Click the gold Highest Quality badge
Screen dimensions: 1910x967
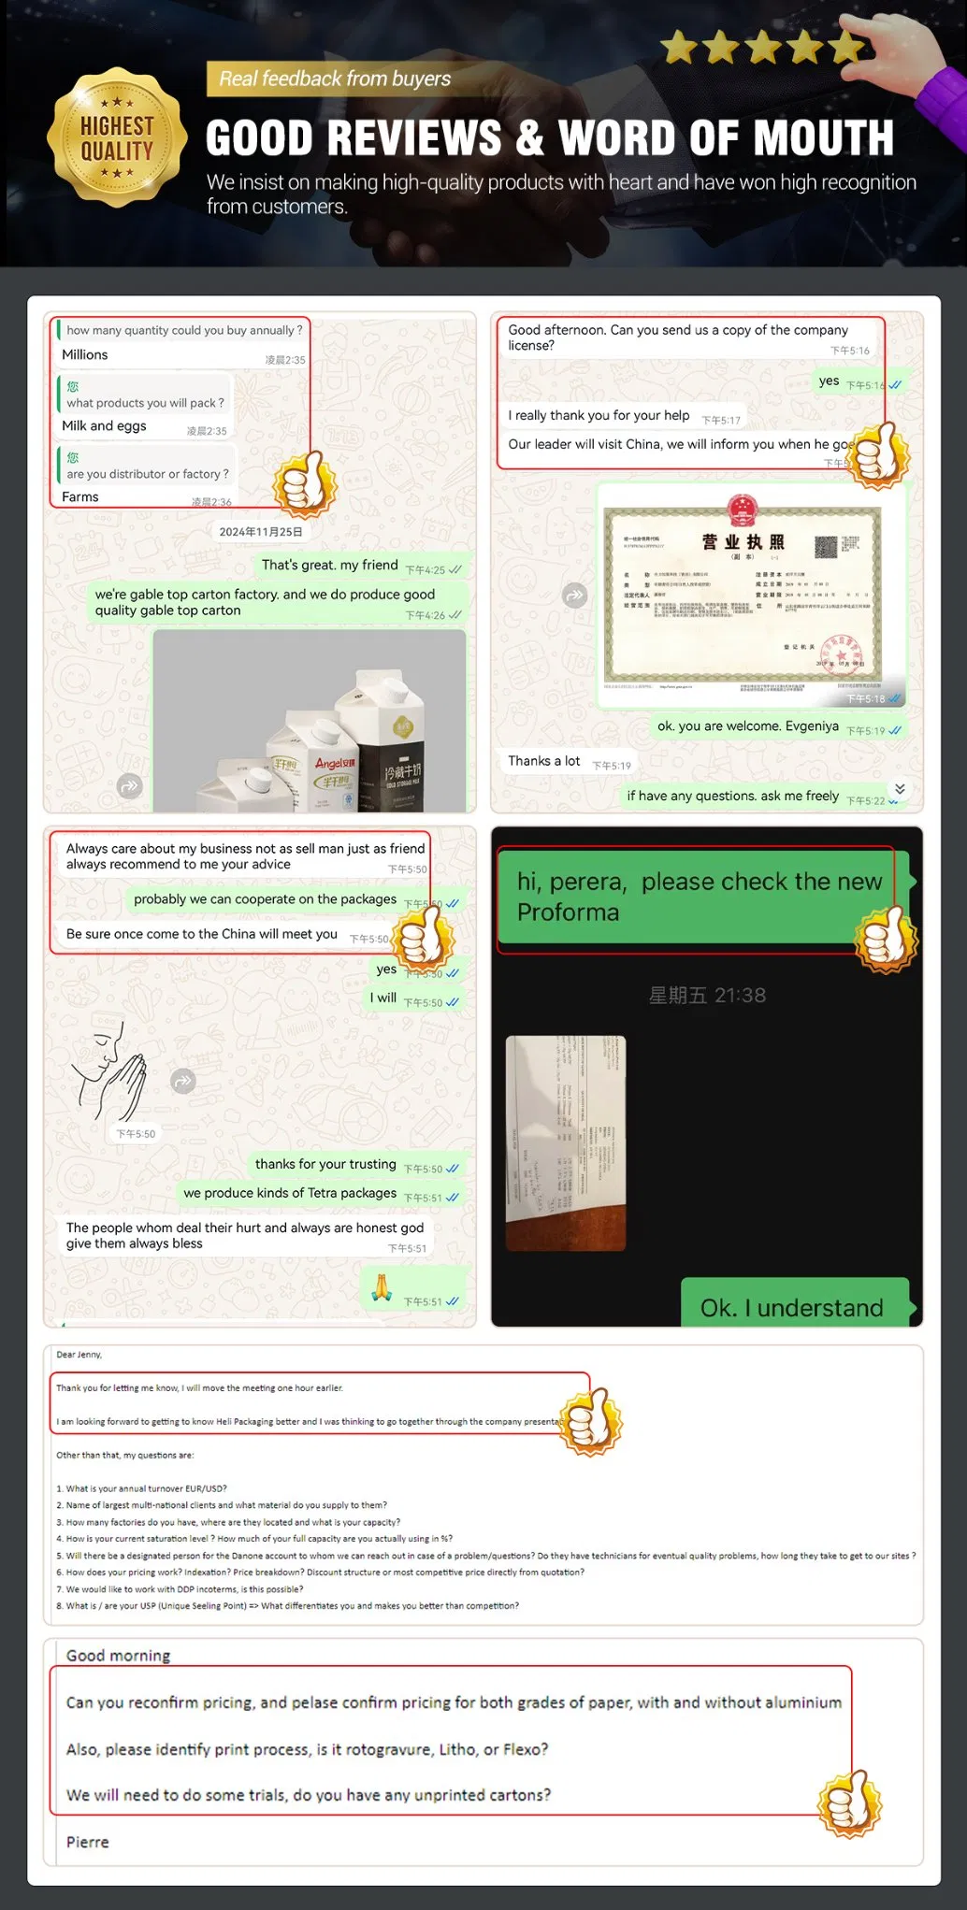pyautogui.click(x=117, y=136)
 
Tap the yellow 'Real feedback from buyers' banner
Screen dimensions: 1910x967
pyautogui.click(x=334, y=79)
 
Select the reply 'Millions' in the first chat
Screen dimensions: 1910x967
pyautogui.click(x=85, y=355)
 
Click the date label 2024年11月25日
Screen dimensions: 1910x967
pyautogui.click(x=261, y=532)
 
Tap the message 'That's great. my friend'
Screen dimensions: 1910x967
pyautogui.click(x=330, y=566)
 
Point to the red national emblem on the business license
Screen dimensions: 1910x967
pyautogui.click(x=742, y=510)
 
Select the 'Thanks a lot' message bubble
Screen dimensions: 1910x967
pyautogui.click(x=544, y=762)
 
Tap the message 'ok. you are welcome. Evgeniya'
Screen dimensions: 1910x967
pyautogui.click(x=748, y=726)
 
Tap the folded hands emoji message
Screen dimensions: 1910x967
pyautogui.click(x=382, y=1287)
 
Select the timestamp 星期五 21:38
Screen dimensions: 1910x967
pyautogui.click(x=707, y=996)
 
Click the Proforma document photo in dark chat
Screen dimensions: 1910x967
pyautogui.click(x=566, y=1142)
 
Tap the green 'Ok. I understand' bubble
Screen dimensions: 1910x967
pyautogui.click(x=793, y=1306)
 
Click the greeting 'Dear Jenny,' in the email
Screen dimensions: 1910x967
pyautogui.click(x=79, y=1355)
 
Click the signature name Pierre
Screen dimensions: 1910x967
pyautogui.click(x=88, y=1842)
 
